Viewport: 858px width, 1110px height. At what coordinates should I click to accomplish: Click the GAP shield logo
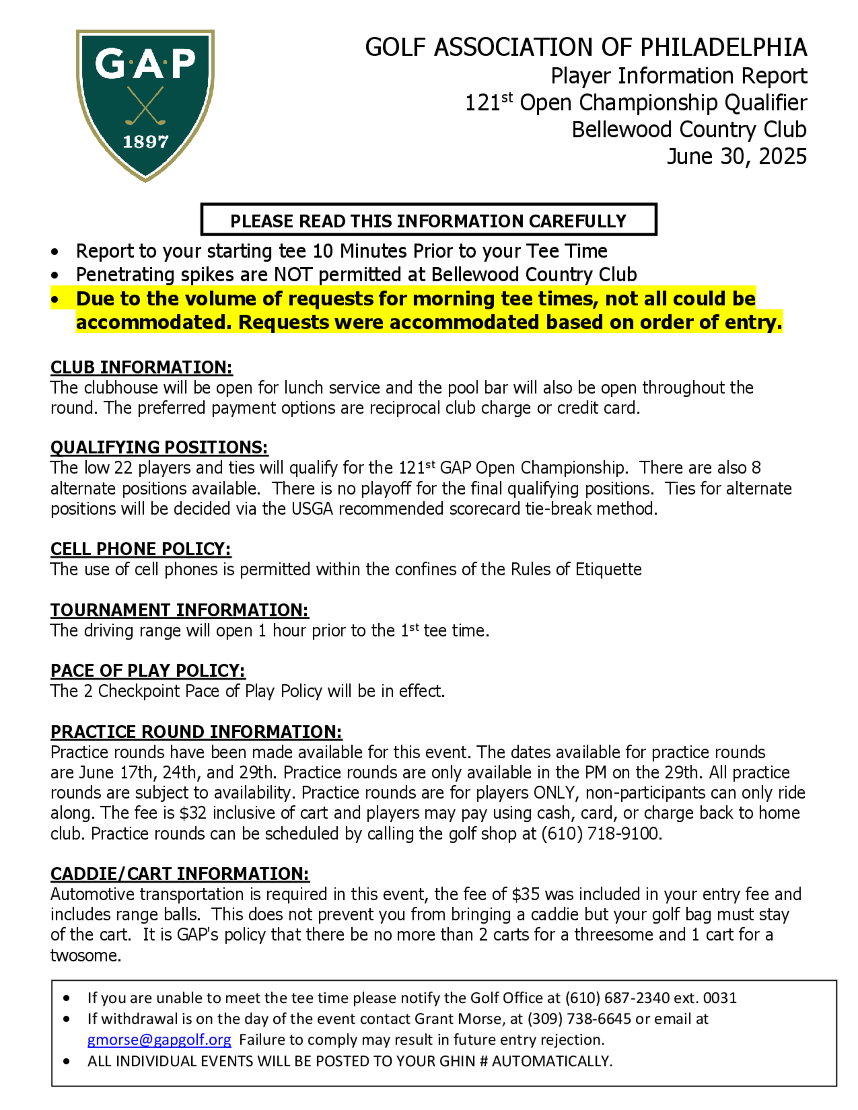[x=145, y=105]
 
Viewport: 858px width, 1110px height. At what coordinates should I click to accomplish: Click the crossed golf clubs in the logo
[x=145, y=106]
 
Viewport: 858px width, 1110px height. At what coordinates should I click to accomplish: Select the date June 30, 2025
[x=737, y=157]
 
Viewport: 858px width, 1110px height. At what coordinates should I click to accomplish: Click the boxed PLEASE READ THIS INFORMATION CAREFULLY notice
[x=429, y=220]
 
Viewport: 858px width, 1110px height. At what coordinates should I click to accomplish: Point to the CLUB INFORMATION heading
[x=141, y=367]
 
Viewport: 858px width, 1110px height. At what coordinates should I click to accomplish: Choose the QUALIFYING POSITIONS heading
[x=159, y=447]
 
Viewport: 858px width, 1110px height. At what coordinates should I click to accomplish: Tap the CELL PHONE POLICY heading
[x=141, y=549]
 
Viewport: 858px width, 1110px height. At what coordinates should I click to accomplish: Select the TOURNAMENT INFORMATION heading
[x=179, y=610]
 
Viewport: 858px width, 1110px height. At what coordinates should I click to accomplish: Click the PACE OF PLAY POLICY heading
[x=148, y=671]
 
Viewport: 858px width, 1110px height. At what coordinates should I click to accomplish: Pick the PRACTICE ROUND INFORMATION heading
[x=196, y=732]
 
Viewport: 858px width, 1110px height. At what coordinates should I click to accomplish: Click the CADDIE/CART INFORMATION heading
[x=180, y=874]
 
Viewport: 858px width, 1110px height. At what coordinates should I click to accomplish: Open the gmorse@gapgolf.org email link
[x=159, y=1040]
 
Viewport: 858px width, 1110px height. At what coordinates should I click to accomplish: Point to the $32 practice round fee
[x=193, y=813]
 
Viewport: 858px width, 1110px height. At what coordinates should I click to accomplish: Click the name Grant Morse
[x=462, y=1019]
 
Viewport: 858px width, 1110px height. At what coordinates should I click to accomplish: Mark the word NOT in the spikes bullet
[x=294, y=274]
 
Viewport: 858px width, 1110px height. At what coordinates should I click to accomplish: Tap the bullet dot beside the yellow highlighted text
[x=55, y=300]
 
